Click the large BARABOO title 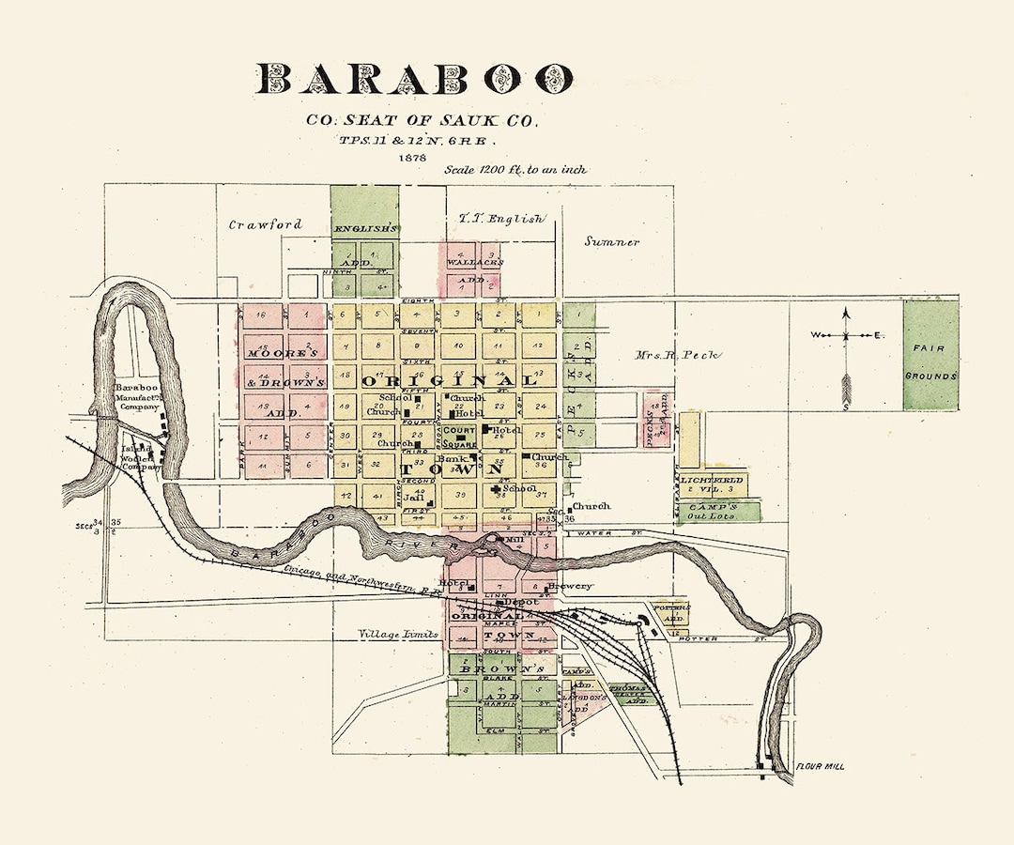click(414, 79)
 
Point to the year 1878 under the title click(412, 157)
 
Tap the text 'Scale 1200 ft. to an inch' click(517, 170)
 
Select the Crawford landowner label click(266, 224)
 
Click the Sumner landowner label click(611, 241)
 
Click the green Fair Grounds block click(930, 355)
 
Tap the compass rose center click(846, 335)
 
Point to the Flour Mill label click(821, 766)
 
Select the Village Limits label click(398, 635)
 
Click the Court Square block click(460, 437)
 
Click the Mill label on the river click(514, 540)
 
